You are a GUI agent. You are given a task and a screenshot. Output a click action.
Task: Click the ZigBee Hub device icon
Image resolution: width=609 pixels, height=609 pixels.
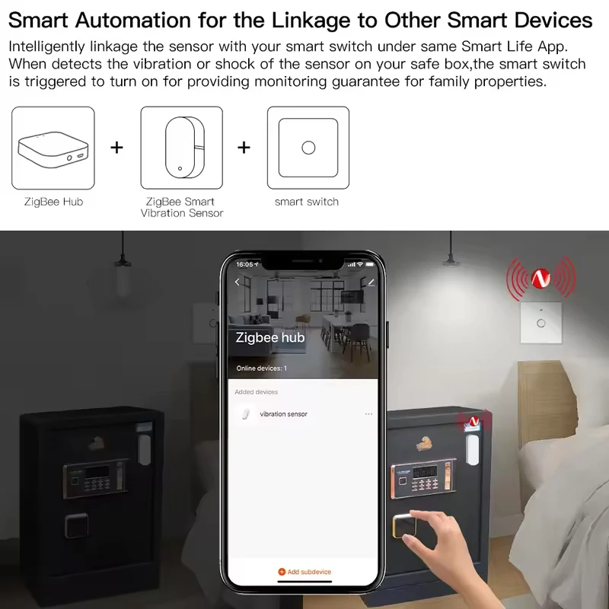[53, 147]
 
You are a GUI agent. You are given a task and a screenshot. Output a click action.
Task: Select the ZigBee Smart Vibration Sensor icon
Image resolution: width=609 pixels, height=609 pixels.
[181, 147]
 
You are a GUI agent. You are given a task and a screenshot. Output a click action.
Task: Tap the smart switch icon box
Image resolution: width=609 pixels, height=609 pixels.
[308, 147]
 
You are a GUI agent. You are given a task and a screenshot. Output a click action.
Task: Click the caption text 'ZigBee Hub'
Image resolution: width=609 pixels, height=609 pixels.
[53, 202]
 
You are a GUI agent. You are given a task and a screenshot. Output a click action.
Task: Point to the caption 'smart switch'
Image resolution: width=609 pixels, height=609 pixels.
[307, 202]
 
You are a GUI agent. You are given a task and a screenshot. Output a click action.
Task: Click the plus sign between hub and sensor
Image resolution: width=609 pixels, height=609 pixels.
[116, 147]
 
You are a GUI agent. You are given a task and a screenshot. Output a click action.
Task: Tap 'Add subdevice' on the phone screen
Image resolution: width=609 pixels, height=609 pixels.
[304, 572]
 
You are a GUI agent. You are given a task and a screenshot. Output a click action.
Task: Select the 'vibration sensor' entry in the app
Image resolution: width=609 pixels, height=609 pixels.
[283, 414]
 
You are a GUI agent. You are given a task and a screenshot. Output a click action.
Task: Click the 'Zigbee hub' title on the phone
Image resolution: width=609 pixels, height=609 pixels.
[270, 337]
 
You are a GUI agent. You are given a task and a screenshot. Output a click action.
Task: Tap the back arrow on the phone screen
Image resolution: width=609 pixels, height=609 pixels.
[237, 282]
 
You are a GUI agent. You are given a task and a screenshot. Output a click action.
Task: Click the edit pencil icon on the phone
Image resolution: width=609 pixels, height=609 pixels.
[371, 282]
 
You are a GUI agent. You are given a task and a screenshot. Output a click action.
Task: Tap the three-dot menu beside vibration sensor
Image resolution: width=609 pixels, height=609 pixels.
[369, 414]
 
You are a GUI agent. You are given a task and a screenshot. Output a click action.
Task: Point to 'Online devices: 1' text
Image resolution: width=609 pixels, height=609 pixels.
[261, 368]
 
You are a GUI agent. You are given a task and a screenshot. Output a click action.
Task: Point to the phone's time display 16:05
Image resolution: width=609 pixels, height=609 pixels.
[244, 264]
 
